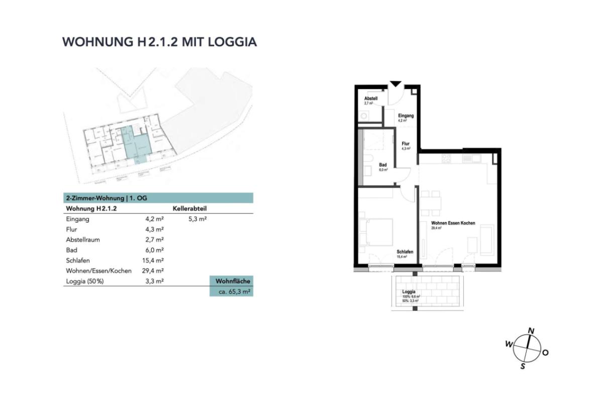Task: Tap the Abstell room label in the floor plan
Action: (x=371, y=98)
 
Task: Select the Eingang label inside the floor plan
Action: (x=406, y=116)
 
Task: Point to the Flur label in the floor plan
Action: (x=406, y=144)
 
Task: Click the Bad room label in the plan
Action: (x=383, y=165)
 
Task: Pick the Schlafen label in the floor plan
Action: (x=405, y=252)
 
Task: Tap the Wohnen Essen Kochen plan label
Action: (x=453, y=223)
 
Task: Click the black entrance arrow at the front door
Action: (x=396, y=83)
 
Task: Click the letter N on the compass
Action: (x=531, y=331)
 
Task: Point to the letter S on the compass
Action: (x=523, y=366)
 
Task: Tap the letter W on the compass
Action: (x=509, y=344)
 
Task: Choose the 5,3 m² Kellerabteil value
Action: (x=198, y=219)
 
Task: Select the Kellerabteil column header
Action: (x=189, y=208)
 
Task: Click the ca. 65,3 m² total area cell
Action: (x=232, y=291)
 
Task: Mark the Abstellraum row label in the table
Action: (x=83, y=240)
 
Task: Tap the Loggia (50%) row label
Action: (x=85, y=281)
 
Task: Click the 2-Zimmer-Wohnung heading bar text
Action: (x=107, y=198)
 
